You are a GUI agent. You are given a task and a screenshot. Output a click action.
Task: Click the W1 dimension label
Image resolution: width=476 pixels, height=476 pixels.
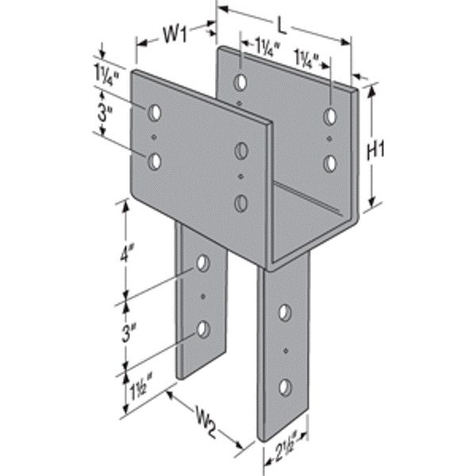[x=174, y=34]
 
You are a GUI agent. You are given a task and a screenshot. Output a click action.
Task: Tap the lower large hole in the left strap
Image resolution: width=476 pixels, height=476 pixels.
[x=203, y=328]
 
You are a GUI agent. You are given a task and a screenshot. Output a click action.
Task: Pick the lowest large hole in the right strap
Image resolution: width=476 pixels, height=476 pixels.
[x=283, y=387]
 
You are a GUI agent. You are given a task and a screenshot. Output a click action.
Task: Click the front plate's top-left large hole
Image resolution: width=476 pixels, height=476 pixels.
[x=155, y=112]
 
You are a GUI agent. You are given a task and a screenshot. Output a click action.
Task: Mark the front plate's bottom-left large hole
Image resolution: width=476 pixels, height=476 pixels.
[x=155, y=162]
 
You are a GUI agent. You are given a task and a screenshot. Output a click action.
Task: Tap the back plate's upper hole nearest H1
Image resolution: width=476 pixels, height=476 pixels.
[x=329, y=116]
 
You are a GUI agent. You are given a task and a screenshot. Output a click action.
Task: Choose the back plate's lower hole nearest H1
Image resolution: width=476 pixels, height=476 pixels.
[x=329, y=163]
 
